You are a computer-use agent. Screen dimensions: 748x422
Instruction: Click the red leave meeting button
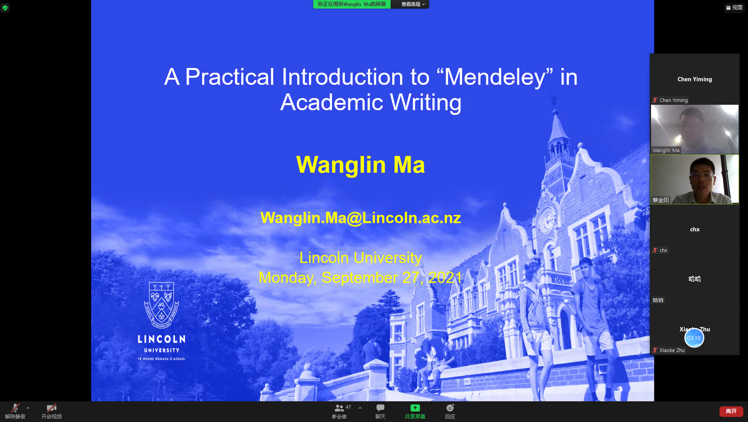point(731,411)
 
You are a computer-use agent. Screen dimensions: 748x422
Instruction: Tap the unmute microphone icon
point(15,408)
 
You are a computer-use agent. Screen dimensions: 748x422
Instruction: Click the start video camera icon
point(51,408)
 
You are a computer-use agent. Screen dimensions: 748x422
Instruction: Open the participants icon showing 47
point(339,408)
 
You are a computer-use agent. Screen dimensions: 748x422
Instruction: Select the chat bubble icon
point(380,408)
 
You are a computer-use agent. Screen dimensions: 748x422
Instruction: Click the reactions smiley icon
point(450,408)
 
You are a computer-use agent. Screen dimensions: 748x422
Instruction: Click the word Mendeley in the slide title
point(495,77)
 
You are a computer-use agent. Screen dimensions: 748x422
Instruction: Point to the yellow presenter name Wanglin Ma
point(361,165)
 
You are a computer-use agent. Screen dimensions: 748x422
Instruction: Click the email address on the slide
point(361,218)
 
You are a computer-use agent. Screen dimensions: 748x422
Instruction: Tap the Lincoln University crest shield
point(161,305)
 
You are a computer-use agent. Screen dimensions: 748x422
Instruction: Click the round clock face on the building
point(547,221)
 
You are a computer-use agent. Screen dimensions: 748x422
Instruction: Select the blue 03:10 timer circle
point(694,338)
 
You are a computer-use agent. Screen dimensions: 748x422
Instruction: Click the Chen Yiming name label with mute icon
point(670,100)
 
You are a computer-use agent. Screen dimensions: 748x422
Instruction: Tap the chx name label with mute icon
point(660,250)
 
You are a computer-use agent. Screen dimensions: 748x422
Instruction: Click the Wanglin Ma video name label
point(666,150)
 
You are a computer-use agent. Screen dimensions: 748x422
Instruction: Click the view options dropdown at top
point(413,4)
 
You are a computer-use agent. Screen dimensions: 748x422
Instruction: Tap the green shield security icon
point(5,7)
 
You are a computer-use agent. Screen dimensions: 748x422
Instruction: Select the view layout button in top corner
point(734,7)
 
